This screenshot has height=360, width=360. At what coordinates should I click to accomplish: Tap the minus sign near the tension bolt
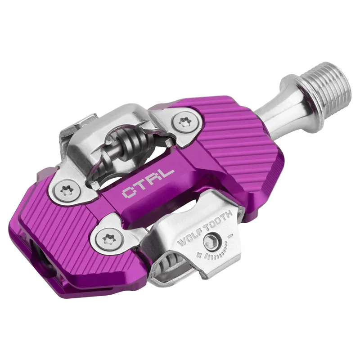click(x=230, y=234)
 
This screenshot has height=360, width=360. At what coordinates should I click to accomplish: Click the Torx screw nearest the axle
click(x=184, y=121)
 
